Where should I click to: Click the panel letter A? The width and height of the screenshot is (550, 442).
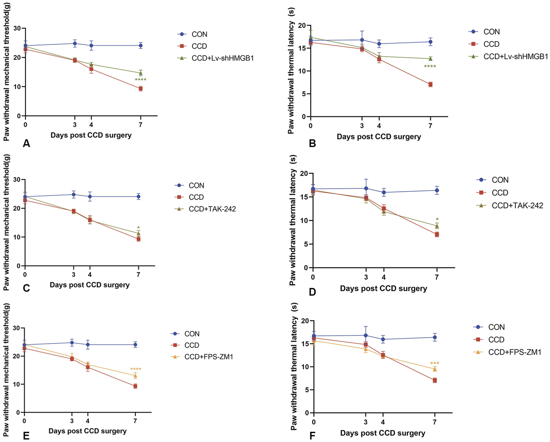pyautogui.click(x=26, y=143)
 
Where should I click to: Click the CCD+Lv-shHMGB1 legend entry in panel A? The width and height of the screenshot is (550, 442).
pyautogui.click(x=222, y=58)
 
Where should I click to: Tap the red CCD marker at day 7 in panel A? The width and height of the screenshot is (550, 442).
pyautogui.click(x=141, y=89)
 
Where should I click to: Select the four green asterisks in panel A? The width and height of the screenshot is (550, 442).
pyautogui.click(x=140, y=80)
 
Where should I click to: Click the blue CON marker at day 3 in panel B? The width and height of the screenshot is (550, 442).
pyautogui.click(x=362, y=40)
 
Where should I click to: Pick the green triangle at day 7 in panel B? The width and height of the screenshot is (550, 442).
pyautogui.click(x=431, y=59)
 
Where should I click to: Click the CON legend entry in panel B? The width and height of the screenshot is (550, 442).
pyautogui.click(x=491, y=32)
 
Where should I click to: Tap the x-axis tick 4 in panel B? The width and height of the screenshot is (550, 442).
pyautogui.click(x=379, y=126)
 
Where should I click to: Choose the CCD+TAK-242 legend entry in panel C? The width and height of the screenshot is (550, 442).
pyautogui.click(x=212, y=209)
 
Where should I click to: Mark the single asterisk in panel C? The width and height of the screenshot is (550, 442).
pyautogui.click(x=138, y=228)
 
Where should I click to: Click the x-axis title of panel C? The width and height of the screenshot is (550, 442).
pyautogui.click(x=89, y=285)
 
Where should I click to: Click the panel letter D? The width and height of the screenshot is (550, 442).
pyautogui.click(x=312, y=292)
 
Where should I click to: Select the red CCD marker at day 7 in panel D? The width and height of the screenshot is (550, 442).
pyautogui.click(x=437, y=234)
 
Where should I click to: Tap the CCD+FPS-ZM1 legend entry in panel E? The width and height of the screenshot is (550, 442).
pyautogui.click(x=208, y=357)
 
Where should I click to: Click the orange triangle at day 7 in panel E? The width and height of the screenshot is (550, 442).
pyautogui.click(x=135, y=376)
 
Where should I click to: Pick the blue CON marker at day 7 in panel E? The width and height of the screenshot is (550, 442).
pyautogui.click(x=135, y=345)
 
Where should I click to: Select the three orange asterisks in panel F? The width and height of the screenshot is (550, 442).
pyautogui.click(x=435, y=363)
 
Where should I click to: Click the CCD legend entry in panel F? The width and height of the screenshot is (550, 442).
pyautogui.click(x=496, y=340)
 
